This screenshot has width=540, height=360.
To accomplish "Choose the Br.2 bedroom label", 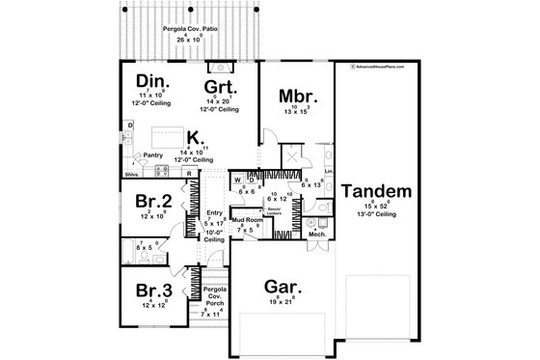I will click(154, 202).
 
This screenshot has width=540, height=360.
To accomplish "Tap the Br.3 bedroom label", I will click(153, 289).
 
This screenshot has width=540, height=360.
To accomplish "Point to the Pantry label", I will click(151, 154).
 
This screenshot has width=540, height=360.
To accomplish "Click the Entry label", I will click(214, 213).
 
